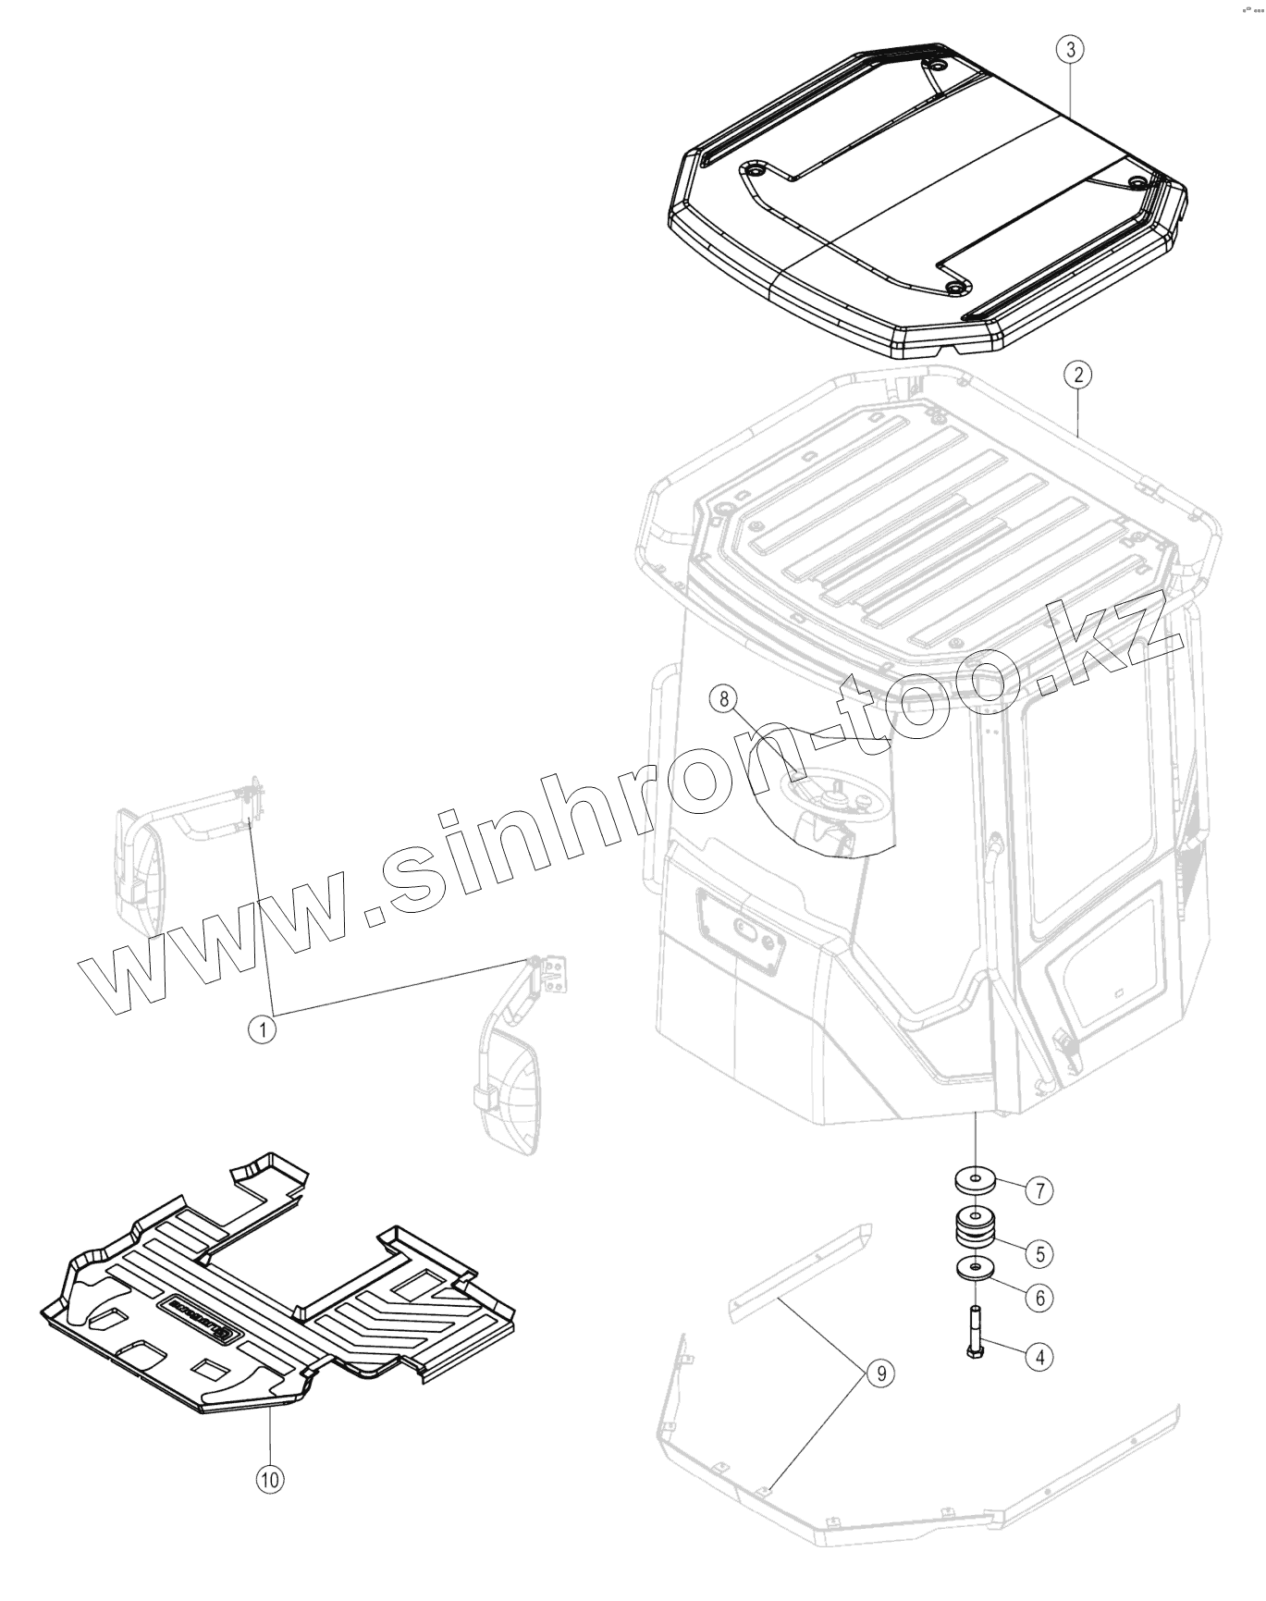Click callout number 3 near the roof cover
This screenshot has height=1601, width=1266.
1070,49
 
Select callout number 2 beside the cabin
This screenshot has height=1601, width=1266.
1077,375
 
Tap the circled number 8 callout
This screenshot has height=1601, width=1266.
724,698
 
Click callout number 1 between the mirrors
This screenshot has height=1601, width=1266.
263,1028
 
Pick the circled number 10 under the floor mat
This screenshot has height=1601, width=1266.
269,1479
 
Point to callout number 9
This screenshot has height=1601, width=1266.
880,1373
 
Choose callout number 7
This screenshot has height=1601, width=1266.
1039,1190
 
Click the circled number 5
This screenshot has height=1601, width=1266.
1039,1254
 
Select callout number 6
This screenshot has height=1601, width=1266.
1039,1298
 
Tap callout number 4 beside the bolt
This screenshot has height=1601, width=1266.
1039,1357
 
